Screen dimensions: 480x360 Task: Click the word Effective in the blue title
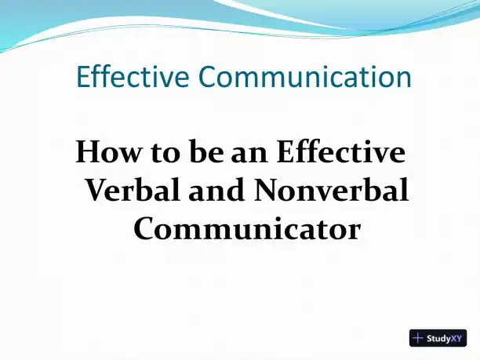(133, 76)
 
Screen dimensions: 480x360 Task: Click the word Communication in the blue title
(305, 76)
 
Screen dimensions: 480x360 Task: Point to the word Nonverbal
(331, 190)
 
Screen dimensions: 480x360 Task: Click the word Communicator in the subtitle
(247, 228)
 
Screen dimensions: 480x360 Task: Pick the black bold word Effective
(340, 151)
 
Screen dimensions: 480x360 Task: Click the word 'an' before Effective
(249, 155)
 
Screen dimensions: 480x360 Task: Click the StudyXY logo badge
(438, 338)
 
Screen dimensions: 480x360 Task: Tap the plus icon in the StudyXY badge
(418, 338)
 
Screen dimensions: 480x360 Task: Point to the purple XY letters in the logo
(456, 338)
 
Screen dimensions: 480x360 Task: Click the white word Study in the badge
(438, 339)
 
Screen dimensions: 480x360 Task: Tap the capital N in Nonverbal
(266, 190)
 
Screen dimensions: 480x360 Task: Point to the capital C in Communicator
(144, 229)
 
